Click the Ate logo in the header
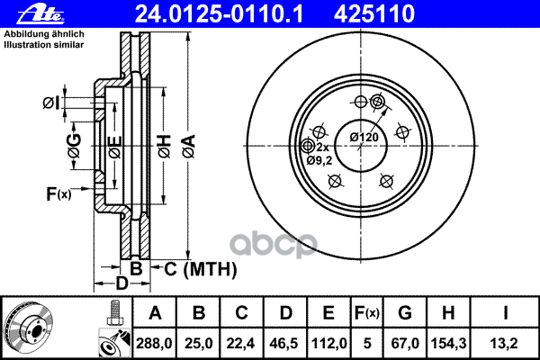(x=25, y=13)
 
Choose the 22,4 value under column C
(x=243, y=342)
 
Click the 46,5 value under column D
(x=287, y=342)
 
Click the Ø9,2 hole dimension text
(x=320, y=160)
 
